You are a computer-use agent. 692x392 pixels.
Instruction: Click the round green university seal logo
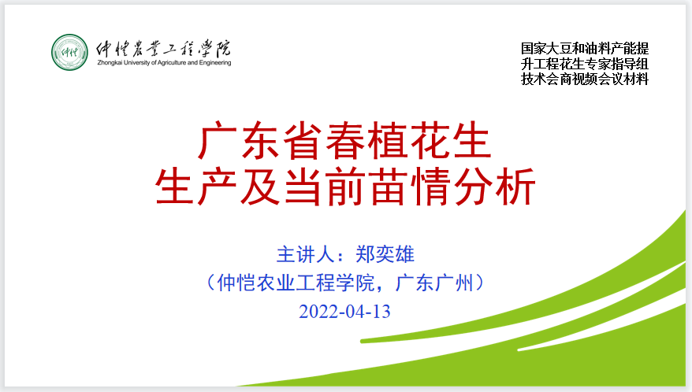pyautogui.click(x=69, y=52)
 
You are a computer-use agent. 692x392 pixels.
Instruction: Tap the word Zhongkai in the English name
pyautogui.click(x=110, y=63)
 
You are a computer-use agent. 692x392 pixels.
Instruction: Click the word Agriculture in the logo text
pyautogui.click(x=172, y=63)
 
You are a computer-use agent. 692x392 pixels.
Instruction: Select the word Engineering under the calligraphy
pyautogui.click(x=215, y=63)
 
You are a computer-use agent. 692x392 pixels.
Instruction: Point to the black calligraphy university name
pyautogui.click(x=163, y=48)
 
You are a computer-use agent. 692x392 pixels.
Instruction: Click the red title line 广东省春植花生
pyautogui.click(x=344, y=141)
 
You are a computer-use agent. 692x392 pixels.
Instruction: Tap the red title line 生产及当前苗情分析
pyautogui.click(x=345, y=187)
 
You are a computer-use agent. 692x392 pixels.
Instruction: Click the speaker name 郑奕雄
pyautogui.click(x=385, y=254)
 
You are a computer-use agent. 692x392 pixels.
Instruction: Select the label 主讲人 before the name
pyautogui.click(x=305, y=254)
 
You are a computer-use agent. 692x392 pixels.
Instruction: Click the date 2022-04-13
pyautogui.click(x=344, y=312)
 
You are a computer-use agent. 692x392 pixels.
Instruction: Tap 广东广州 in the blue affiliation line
pyautogui.click(x=433, y=283)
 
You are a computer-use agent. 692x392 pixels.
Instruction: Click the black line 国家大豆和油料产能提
pyautogui.click(x=585, y=48)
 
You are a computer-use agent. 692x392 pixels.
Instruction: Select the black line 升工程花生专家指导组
pyautogui.click(x=585, y=64)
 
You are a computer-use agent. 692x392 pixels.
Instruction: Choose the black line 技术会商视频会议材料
pyautogui.click(x=585, y=79)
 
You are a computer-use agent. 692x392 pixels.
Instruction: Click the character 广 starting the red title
pyautogui.click(x=216, y=141)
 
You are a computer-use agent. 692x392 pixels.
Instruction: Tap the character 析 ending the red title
pyautogui.click(x=515, y=187)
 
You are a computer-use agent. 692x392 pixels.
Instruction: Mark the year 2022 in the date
pyautogui.click(x=319, y=312)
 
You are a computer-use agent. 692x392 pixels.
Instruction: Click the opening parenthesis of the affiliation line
pyautogui.click(x=210, y=283)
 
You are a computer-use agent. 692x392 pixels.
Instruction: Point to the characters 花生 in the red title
pyautogui.click(x=450, y=141)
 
